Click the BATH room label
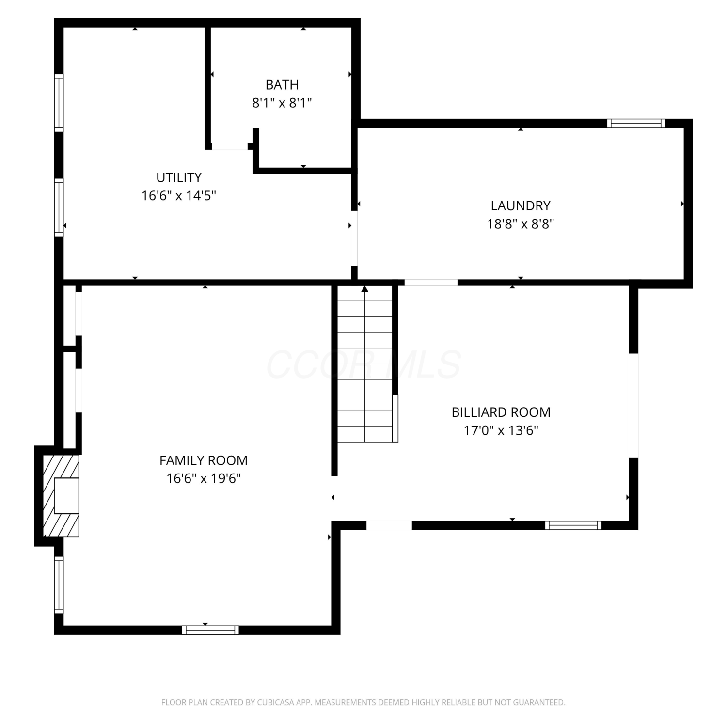pyautogui.click(x=282, y=85)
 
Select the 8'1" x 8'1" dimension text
pyautogui.click(x=282, y=103)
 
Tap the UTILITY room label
pyautogui.click(x=179, y=177)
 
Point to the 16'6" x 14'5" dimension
pyautogui.click(x=179, y=196)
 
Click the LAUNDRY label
pyautogui.click(x=521, y=205)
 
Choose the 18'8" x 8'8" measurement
pyautogui.click(x=521, y=224)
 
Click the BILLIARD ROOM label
pyautogui.click(x=501, y=412)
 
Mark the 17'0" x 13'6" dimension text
pyautogui.click(x=501, y=430)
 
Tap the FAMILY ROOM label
pyautogui.click(x=204, y=460)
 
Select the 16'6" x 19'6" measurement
pyautogui.click(x=204, y=478)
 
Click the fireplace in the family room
pyautogui.click(x=61, y=495)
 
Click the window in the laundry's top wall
pyautogui.click(x=636, y=123)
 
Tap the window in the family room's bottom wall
pyautogui.click(x=210, y=630)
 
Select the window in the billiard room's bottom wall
pyautogui.click(x=573, y=525)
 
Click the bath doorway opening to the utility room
pyautogui.click(x=230, y=146)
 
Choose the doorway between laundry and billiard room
pyautogui.click(x=431, y=282)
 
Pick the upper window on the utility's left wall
pyautogui.click(x=59, y=103)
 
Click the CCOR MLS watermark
pyautogui.click(x=363, y=364)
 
